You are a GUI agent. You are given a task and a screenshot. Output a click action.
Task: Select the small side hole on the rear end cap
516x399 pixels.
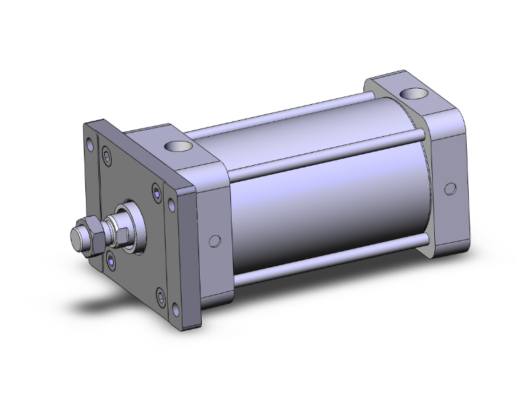[x=450, y=189]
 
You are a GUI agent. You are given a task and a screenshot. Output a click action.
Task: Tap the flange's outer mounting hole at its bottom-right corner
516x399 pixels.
[x=163, y=298]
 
